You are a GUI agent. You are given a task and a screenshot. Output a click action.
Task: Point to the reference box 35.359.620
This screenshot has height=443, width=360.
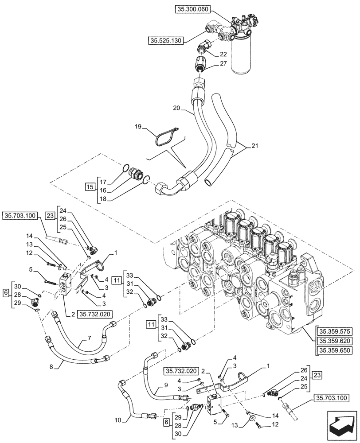click(x=334, y=342)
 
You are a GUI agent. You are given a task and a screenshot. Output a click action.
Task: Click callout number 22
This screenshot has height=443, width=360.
click(x=223, y=54)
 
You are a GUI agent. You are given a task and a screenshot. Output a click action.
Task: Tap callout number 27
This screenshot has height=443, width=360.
click(x=223, y=64)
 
